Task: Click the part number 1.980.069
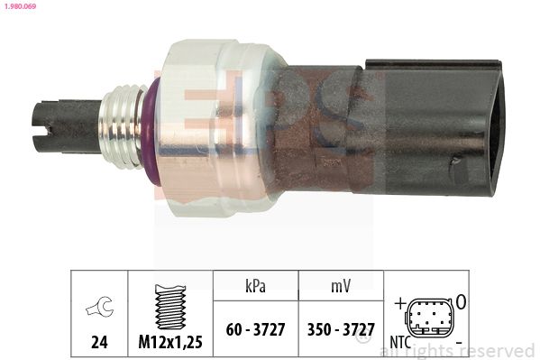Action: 20,5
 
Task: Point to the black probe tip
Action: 67,127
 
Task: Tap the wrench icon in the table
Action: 99,306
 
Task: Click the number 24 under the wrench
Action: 99,342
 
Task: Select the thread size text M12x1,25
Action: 170,342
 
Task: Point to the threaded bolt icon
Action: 170,307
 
